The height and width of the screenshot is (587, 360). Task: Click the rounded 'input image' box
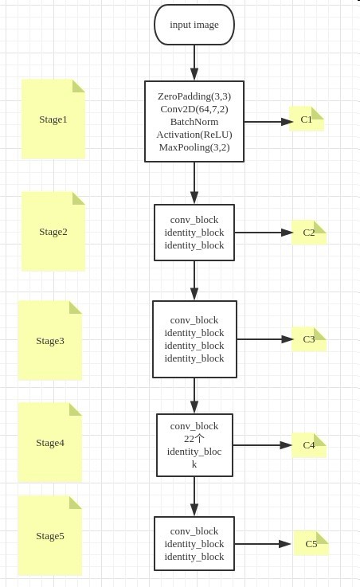point(194,25)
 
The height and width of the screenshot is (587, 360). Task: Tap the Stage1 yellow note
point(53,119)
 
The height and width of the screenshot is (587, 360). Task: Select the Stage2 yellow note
point(53,232)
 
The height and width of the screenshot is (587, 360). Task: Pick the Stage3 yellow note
point(50,341)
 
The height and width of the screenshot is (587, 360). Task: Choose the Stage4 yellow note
point(50,443)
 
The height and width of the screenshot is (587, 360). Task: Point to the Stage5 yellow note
point(50,536)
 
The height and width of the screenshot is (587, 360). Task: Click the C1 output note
point(307,119)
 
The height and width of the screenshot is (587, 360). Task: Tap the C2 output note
point(309,233)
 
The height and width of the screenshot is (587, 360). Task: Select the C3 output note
point(309,339)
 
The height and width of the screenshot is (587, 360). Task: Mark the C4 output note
point(309,445)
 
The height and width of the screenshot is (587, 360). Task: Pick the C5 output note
point(311,544)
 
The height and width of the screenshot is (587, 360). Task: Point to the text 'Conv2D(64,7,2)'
point(194,109)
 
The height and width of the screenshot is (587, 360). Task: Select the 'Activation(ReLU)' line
point(194,135)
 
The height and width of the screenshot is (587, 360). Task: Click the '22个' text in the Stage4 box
point(194,439)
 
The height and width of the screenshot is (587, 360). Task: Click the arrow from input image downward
point(194,62)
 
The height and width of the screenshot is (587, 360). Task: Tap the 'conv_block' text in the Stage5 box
point(194,531)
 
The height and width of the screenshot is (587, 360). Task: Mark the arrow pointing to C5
point(264,544)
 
